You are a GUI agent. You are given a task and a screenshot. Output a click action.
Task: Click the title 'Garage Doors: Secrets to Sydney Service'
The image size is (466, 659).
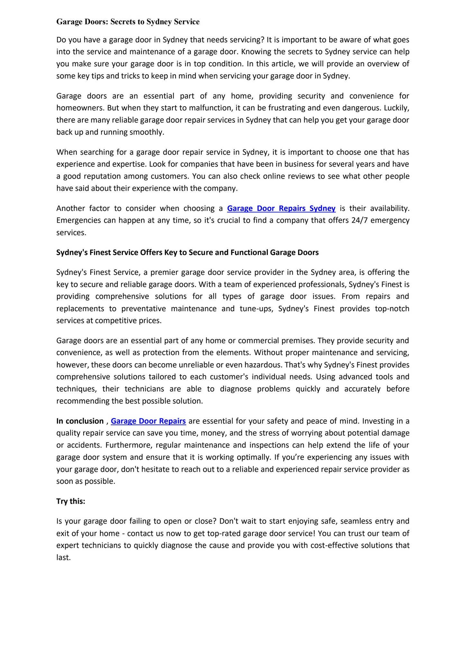pos(128,22)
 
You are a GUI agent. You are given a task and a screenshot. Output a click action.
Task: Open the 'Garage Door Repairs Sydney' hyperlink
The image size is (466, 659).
pos(281,208)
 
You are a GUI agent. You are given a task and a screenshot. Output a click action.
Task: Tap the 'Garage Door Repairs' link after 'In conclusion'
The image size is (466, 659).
pos(148,421)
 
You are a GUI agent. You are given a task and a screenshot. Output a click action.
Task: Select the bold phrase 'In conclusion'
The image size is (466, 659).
pos(80,421)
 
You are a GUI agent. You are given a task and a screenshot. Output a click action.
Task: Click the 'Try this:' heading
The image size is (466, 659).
pos(71,501)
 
